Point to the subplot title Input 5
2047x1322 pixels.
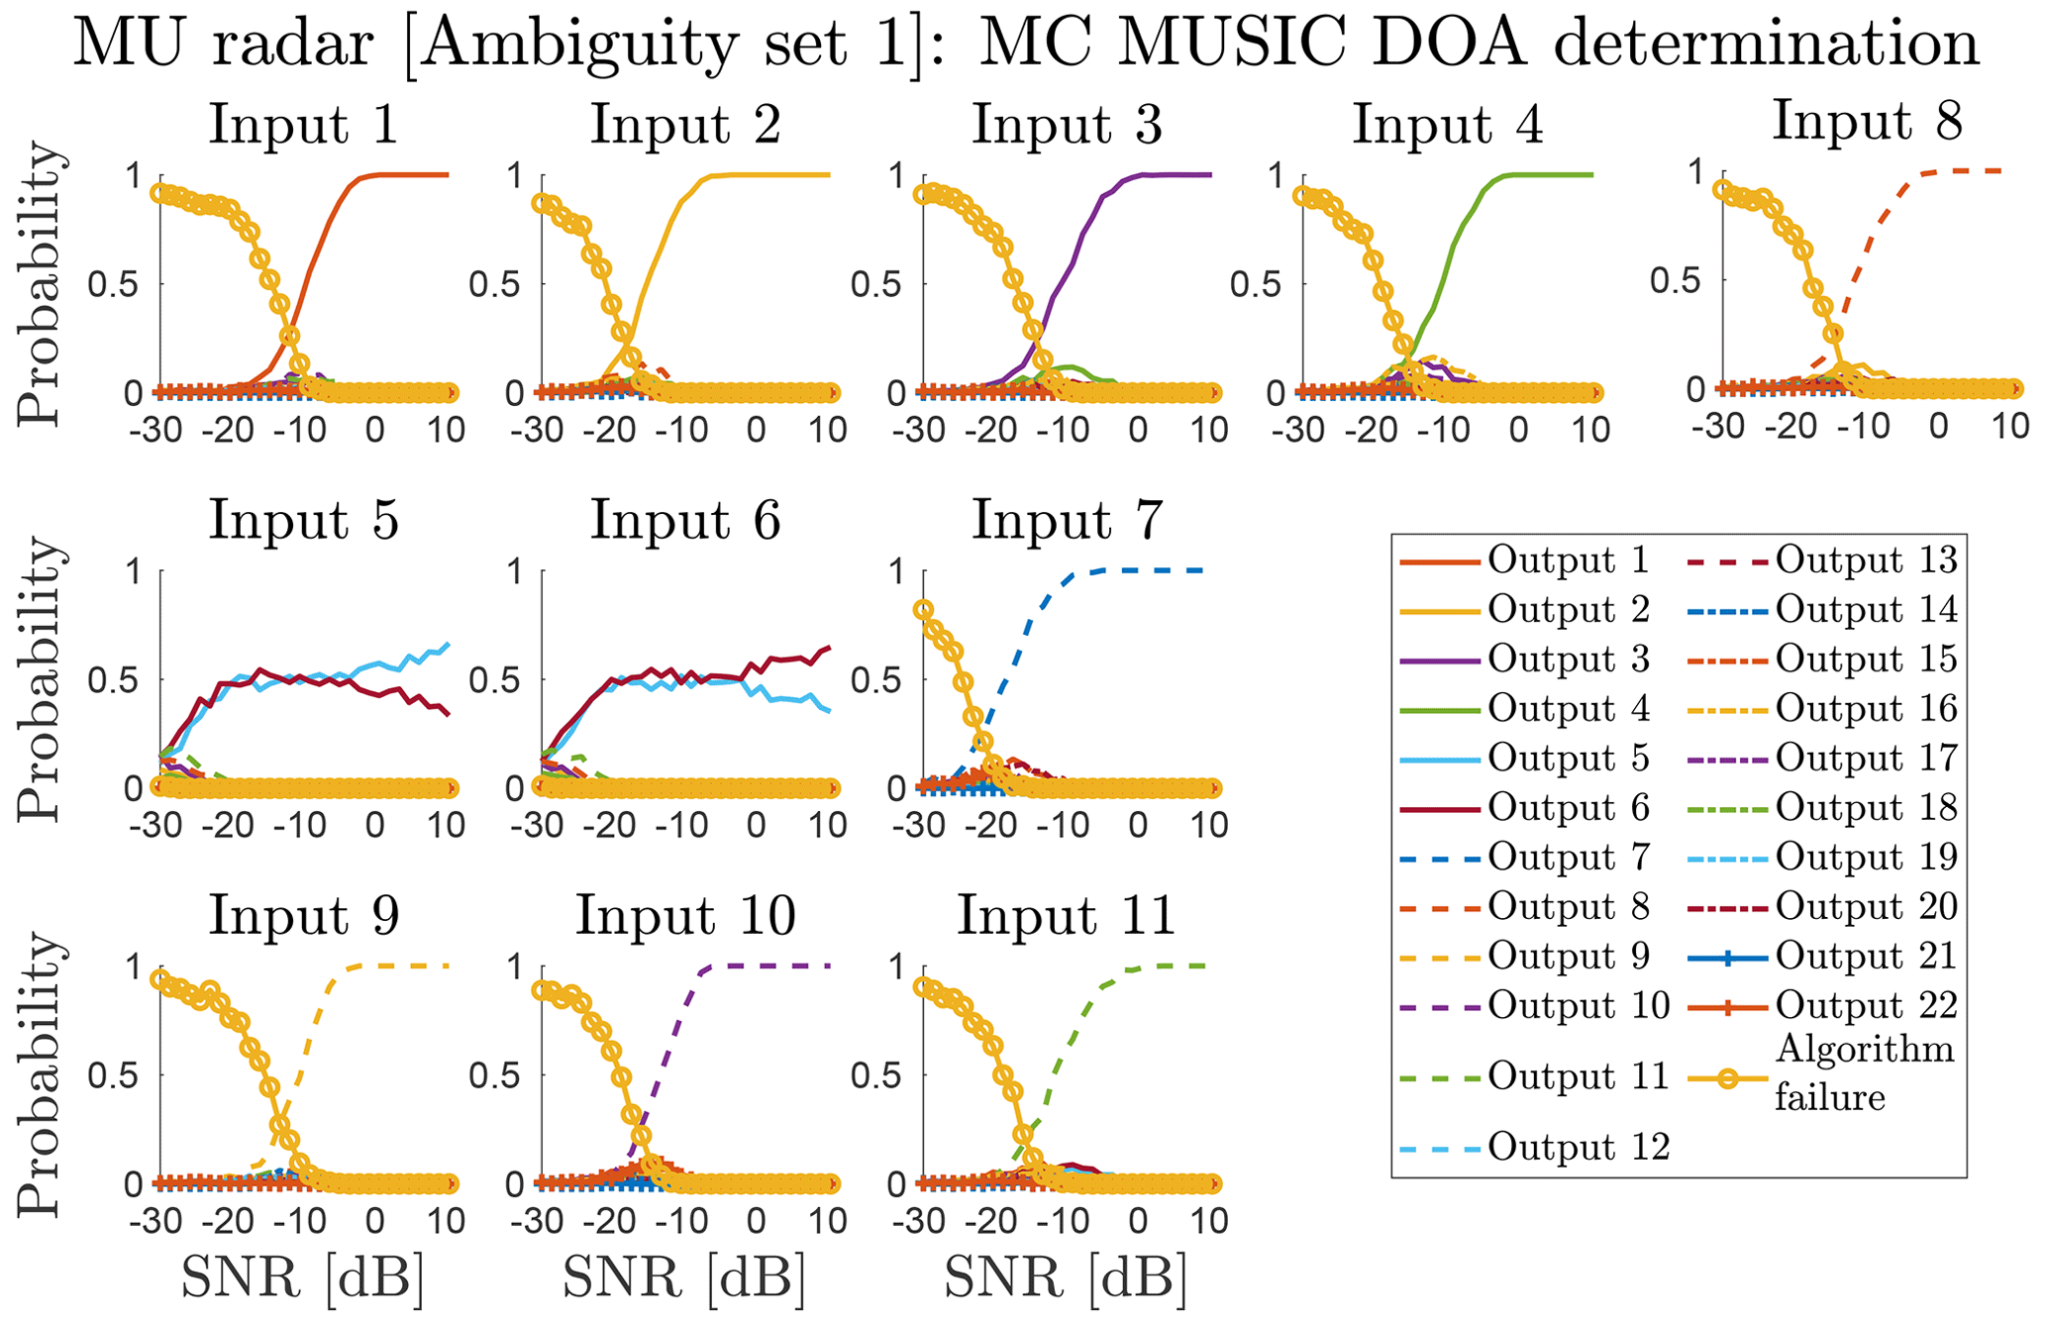[303, 520]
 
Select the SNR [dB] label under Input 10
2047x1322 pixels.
[684, 1278]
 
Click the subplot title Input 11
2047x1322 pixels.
[1066, 915]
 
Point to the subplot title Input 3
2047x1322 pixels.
[1067, 125]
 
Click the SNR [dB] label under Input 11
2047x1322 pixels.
[1066, 1278]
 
